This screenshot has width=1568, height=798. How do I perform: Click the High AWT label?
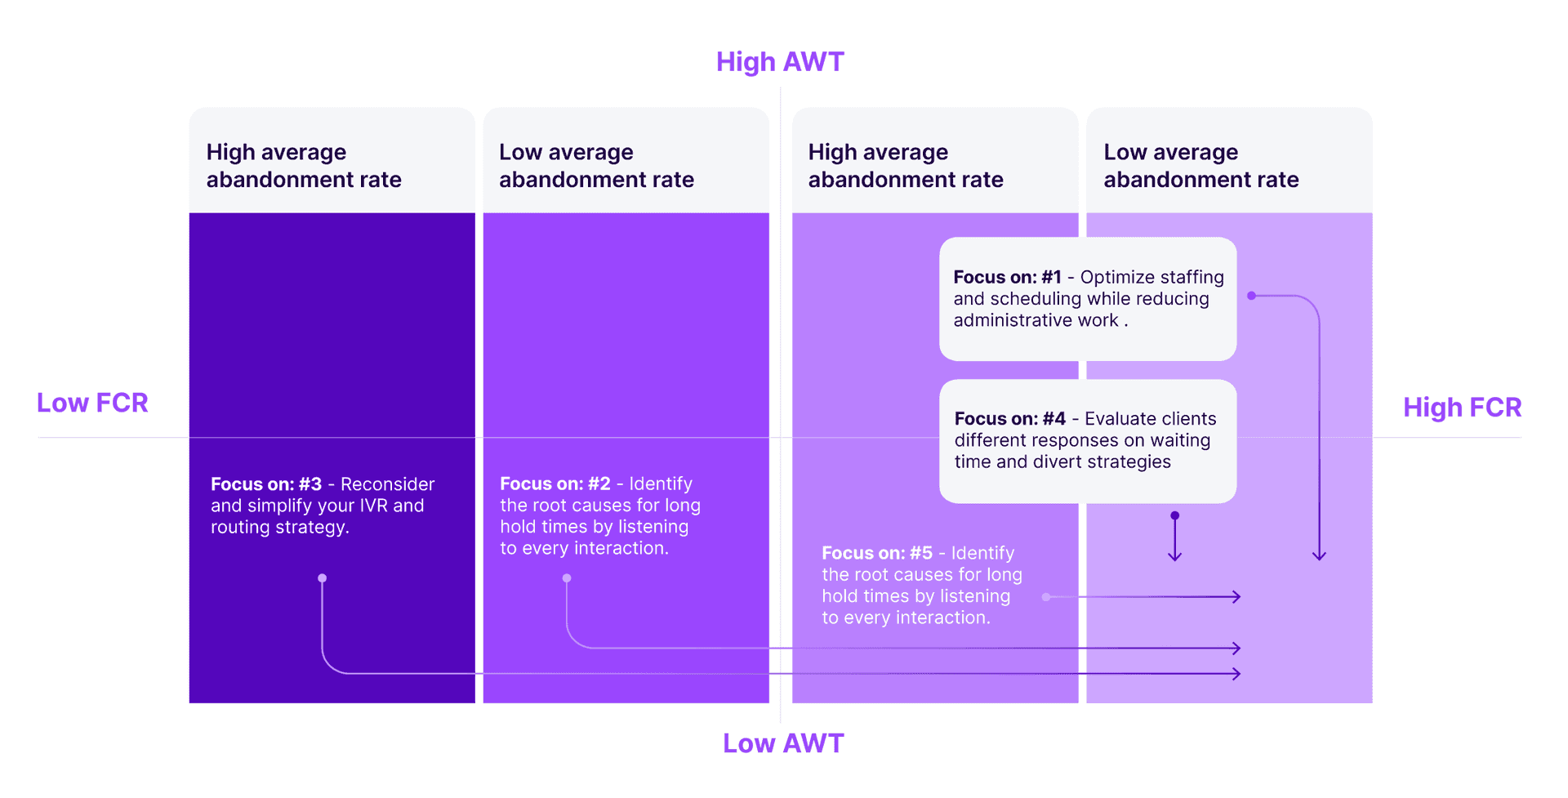(780, 62)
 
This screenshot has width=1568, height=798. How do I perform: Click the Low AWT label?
(783, 743)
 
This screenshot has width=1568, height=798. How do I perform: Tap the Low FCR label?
(92, 403)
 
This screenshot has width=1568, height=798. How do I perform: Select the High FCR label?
(1462, 407)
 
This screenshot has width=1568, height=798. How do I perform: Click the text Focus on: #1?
(1007, 278)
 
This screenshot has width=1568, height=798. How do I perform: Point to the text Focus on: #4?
(1009, 419)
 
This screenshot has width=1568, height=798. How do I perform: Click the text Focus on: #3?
(266, 484)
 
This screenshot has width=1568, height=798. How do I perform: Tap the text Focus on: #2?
(555, 484)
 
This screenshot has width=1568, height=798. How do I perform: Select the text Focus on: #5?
(877, 554)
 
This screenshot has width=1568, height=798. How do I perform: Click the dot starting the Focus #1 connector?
(1251, 296)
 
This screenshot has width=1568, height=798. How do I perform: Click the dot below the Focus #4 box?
(1174, 515)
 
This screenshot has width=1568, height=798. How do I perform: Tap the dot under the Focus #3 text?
(323, 578)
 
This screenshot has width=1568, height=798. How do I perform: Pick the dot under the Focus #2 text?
(567, 578)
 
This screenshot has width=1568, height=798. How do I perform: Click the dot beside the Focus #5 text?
(1046, 597)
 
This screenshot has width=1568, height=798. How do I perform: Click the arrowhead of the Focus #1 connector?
(1319, 556)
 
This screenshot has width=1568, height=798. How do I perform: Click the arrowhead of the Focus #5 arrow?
(1237, 597)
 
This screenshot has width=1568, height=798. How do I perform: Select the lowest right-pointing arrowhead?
(1237, 674)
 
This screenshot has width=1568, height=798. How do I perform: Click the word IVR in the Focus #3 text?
(373, 506)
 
